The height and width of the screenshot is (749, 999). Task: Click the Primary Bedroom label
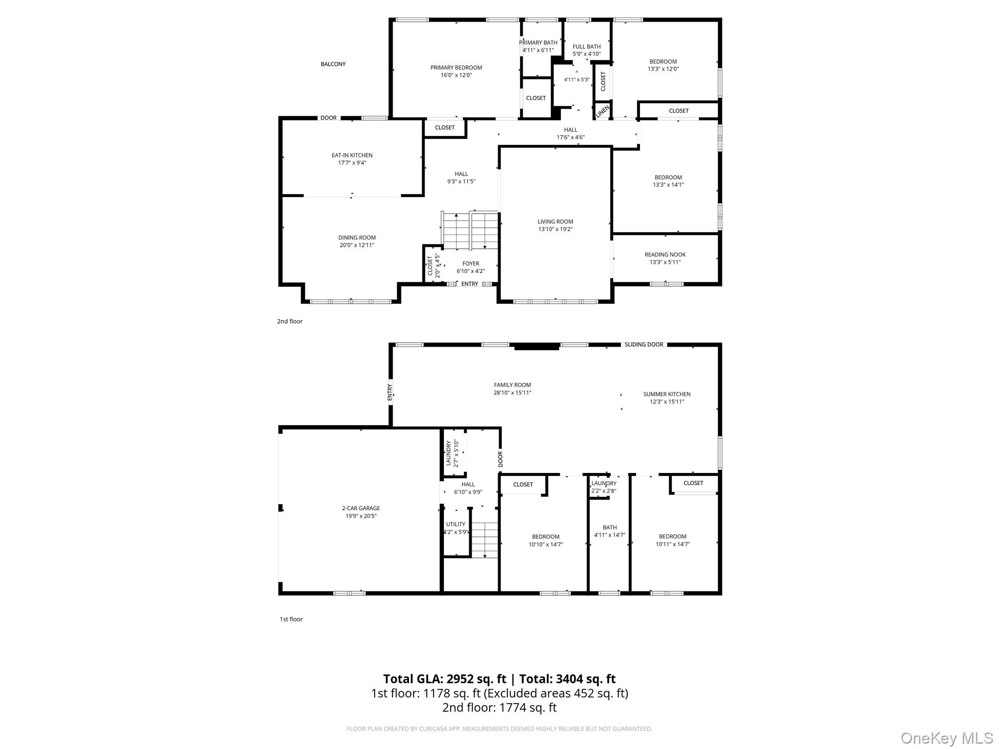[456, 68]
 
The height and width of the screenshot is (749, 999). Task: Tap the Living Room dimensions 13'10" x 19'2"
[555, 229]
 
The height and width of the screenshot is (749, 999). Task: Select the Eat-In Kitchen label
[352, 156]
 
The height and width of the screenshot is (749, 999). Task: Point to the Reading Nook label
[665, 255]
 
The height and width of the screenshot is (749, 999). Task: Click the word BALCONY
[333, 64]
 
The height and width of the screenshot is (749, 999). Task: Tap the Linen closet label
[603, 112]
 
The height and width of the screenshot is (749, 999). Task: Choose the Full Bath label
[587, 47]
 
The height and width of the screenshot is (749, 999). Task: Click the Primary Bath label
[538, 43]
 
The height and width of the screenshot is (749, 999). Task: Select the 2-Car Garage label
[361, 508]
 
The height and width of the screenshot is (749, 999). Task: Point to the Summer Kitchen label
[667, 394]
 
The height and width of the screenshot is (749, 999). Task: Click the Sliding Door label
[644, 345]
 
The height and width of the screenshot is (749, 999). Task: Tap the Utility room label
[456, 524]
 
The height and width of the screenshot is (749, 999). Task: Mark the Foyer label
[471, 264]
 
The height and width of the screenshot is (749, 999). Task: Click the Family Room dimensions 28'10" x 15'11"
[512, 393]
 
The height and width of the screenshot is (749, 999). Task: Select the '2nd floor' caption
[290, 321]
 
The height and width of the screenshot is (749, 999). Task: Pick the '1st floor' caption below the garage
[291, 619]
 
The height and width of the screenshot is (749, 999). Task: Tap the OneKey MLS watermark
[947, 738]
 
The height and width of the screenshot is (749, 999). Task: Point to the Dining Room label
[357, 238]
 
